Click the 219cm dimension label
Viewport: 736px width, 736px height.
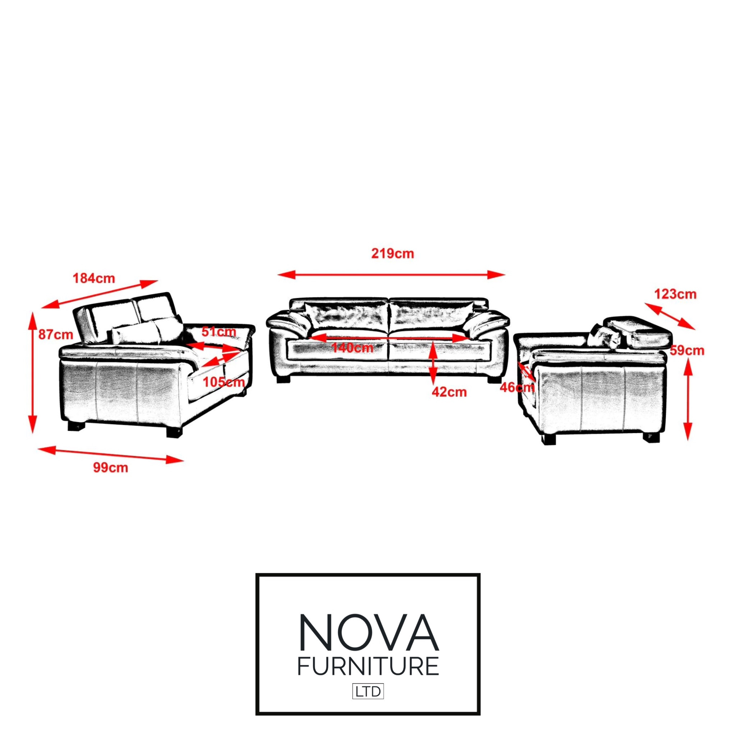click(x=392, y=254)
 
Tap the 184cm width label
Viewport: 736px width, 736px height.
click(x=94, y=279)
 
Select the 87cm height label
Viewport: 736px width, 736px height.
click(x=56, y=335)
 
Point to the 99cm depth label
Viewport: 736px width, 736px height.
click(x=110, y=468)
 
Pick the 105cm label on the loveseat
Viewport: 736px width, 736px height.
click(x=223, y=382)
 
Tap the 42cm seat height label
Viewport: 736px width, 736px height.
click(x=449, y=392)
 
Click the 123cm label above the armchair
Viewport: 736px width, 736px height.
click(x=675, y=294)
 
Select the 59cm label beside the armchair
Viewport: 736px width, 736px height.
click(x=687, y=350)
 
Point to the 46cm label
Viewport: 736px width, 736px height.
click(x=516, y=387)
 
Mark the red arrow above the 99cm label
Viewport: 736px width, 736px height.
click(x=110, y=455)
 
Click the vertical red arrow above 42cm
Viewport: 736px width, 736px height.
click(x=433, y=363)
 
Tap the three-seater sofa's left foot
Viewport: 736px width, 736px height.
click(x=284, y=379)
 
